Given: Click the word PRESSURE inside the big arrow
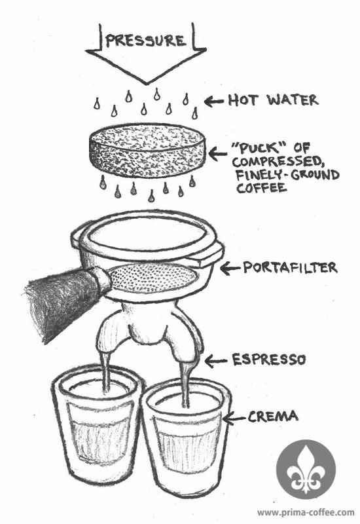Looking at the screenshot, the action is pyautogui.click(x=145, y=41).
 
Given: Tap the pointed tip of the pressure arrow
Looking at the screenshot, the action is pyautogui.click(x=146, y=84).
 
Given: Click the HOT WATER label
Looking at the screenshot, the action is pyautogui.click(x=273, y=100).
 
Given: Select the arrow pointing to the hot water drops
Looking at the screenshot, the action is pyautogui.click(x=214, y=101).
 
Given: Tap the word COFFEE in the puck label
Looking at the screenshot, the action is pyautogui.click(x=261, y=187).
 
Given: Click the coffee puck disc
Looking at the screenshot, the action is pyautogui.click(x=147, y=150).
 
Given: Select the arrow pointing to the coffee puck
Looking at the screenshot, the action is pyautogui.click(x=217, y=154).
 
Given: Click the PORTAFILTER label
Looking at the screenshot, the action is pyautogui.click(x=290, y=267).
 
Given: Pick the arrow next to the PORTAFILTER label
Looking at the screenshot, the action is pyautogui.click(x=230, y=268).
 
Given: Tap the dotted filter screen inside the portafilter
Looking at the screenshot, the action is pyautogui.click(x=152, y=278).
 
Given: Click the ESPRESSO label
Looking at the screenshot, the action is pyautogui.click(x=269, y=360).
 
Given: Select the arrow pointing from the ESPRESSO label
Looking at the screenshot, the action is pyautogui.click(x=215, y=361).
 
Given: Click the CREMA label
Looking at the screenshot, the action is pyautogui.click(x=272, y=417).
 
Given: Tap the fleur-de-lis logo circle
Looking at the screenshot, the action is pyautogui.click(x=306, y=469).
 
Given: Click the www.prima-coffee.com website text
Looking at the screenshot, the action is pyautogui.click(x=306, y=512).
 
